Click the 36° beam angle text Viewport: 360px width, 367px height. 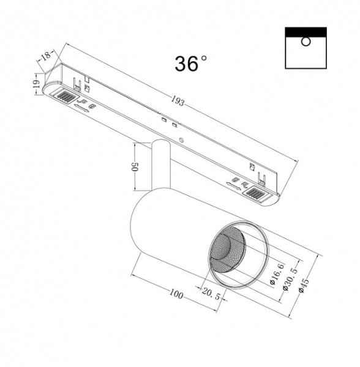click(191, 63)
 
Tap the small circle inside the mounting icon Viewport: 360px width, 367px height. click(306, 42)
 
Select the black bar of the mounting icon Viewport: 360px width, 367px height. click(306, 32)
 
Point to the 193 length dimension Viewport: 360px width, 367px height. click(178, 101)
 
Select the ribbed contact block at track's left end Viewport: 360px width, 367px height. click(63, 97)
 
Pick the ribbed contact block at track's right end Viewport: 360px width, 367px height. click(255, 194)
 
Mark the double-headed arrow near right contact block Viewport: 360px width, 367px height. click(231, 182)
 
